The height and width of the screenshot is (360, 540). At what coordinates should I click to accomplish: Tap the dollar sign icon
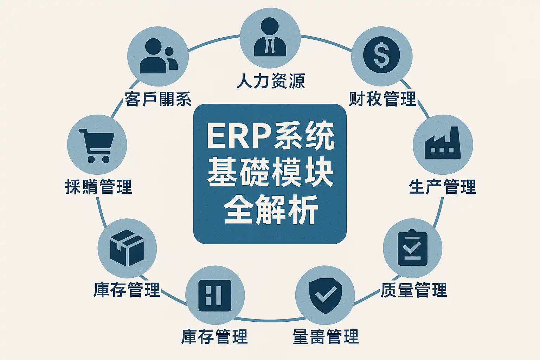tap(382, 55)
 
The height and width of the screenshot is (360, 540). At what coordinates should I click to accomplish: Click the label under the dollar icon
tap(382, 99)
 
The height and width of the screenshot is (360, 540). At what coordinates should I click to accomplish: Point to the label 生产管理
tap(442, 187)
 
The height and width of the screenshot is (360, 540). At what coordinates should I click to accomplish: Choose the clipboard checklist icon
tap(412, 248)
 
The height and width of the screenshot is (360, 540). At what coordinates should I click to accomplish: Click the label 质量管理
tap(414, 290)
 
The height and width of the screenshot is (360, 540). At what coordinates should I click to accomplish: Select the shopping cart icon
tap(97, 145)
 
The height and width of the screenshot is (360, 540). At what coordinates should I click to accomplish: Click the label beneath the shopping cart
tap(98, 187)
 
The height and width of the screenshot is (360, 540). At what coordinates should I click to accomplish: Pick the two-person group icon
tap(158, 56)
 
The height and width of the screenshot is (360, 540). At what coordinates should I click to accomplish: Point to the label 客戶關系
tap(158, 99)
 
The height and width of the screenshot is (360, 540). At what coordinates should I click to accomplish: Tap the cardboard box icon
tap(127, 247)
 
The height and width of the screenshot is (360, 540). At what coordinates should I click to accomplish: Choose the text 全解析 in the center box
tap(270, 210)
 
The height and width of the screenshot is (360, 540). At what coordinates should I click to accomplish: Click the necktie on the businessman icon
tap(270, 46)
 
